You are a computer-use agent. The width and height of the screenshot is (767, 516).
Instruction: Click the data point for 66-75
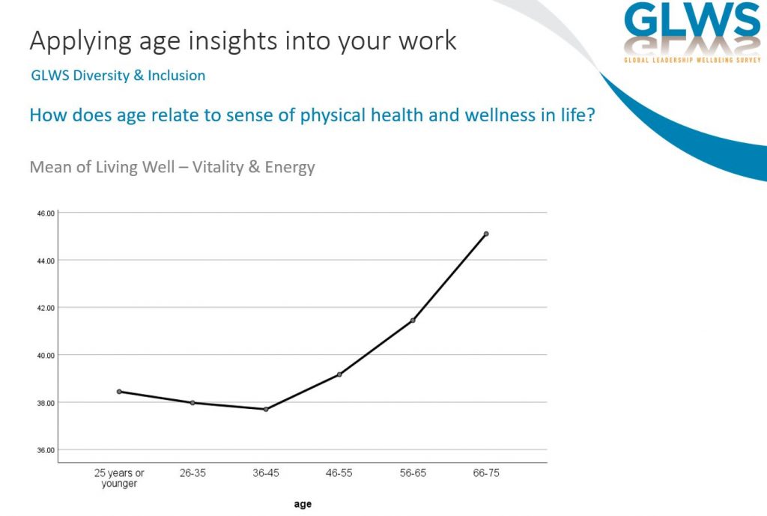(x=485, y=234)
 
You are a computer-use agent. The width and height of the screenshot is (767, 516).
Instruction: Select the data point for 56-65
(x=413, y=321)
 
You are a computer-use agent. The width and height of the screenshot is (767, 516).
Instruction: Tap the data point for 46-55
(x=339, y=374)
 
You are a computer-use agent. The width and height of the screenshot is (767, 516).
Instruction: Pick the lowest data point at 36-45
(x=266, y=410)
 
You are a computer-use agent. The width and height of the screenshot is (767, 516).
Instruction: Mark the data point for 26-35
(x=192, y=403)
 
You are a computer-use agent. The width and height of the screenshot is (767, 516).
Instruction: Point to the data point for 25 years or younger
(x=119, y=392)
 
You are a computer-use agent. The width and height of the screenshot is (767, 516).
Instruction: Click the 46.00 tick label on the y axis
(x=46, y=213)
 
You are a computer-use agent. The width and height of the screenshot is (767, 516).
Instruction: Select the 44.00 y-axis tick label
(x=46, y=261)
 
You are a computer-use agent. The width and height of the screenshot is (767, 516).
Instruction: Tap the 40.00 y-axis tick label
(x=46, y=356)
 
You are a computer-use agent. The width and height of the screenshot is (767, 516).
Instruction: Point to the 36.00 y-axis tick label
(x=46, y=450)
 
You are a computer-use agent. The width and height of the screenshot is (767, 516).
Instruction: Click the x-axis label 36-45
(x=266, y=473)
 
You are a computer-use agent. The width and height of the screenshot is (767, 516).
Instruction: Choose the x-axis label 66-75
(x=486, y=473)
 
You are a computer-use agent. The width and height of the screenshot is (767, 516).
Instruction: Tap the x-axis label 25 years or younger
(x=119, y=479)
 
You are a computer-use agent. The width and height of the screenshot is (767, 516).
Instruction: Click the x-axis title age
(x=303, y=504)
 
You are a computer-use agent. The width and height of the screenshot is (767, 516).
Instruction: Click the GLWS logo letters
(x=692, y=19)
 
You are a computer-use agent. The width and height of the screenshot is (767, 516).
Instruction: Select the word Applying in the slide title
(x=81, y=41)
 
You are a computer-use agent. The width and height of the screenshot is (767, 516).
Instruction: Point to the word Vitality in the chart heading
(x=218, y=167)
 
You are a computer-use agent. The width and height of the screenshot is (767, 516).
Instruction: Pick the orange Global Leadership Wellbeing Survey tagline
(x=692, y=60)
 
